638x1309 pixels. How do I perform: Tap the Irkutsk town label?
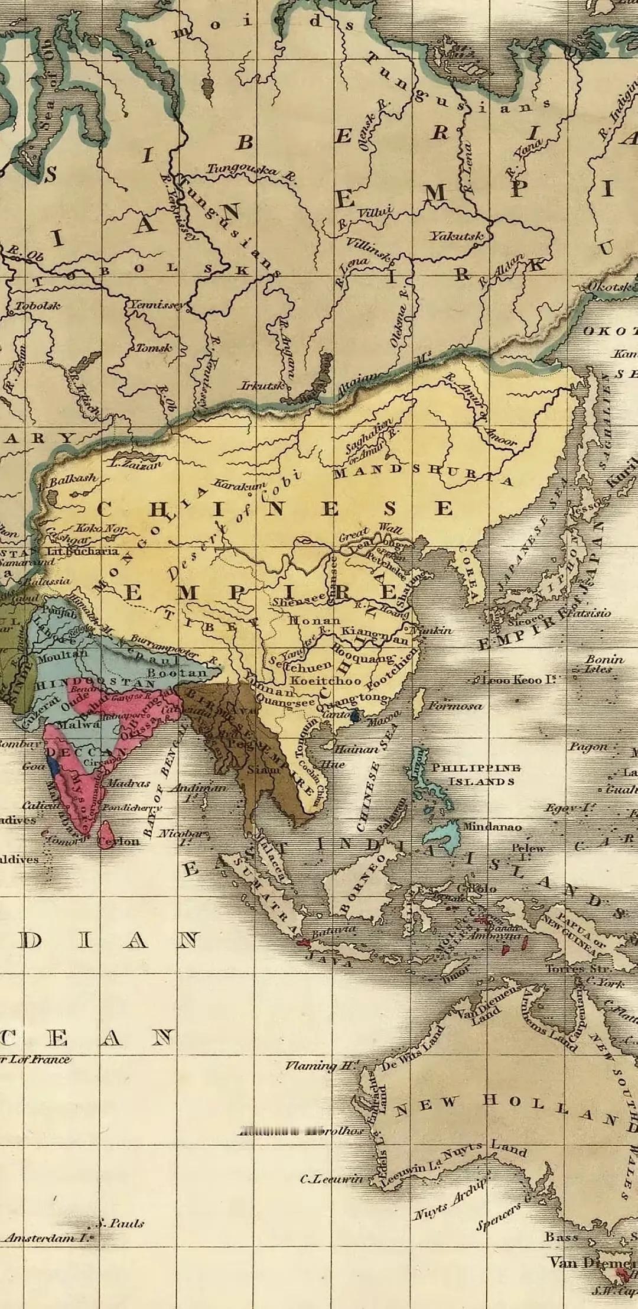point(262,385)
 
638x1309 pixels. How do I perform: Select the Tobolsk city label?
point(37,306)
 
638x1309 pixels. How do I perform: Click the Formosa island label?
point(454,706)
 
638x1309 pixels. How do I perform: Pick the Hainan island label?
point(356,749)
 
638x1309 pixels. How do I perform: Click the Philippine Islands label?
point(476,774)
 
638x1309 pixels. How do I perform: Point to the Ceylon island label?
point(118,841)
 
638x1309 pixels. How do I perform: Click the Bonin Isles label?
point(604,663)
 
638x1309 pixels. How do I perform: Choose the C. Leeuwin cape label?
point(331,1179)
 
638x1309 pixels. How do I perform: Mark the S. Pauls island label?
point(121,1223)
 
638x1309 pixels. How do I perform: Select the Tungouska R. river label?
point(250,171)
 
